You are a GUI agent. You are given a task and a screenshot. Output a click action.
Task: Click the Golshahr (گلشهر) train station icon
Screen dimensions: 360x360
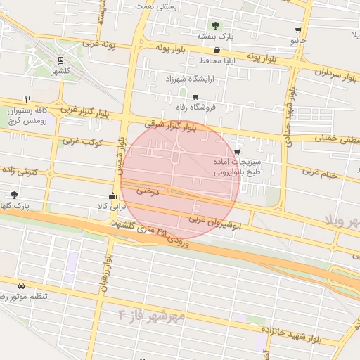[x=60, y=60]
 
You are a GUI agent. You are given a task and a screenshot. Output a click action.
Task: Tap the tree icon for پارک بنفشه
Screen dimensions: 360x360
[x=215, y=26]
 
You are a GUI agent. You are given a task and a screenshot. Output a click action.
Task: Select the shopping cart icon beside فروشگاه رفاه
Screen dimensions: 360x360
[x=195, y=97]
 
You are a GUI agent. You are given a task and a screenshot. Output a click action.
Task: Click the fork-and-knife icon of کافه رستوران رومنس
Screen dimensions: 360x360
[x=27, y=99]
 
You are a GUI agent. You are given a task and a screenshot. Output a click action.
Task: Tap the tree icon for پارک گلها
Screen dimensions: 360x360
[x=14, y=195]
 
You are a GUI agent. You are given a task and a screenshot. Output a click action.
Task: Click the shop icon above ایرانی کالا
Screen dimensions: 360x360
[x=112, y=196]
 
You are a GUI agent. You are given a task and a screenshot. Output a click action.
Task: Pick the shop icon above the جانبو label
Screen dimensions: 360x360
[x=298, y=30]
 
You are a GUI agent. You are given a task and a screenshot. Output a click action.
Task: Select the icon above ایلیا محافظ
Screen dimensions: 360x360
[x=216, y=51]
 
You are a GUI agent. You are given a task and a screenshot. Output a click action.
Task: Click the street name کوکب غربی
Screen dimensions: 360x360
[x=83, y=142]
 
